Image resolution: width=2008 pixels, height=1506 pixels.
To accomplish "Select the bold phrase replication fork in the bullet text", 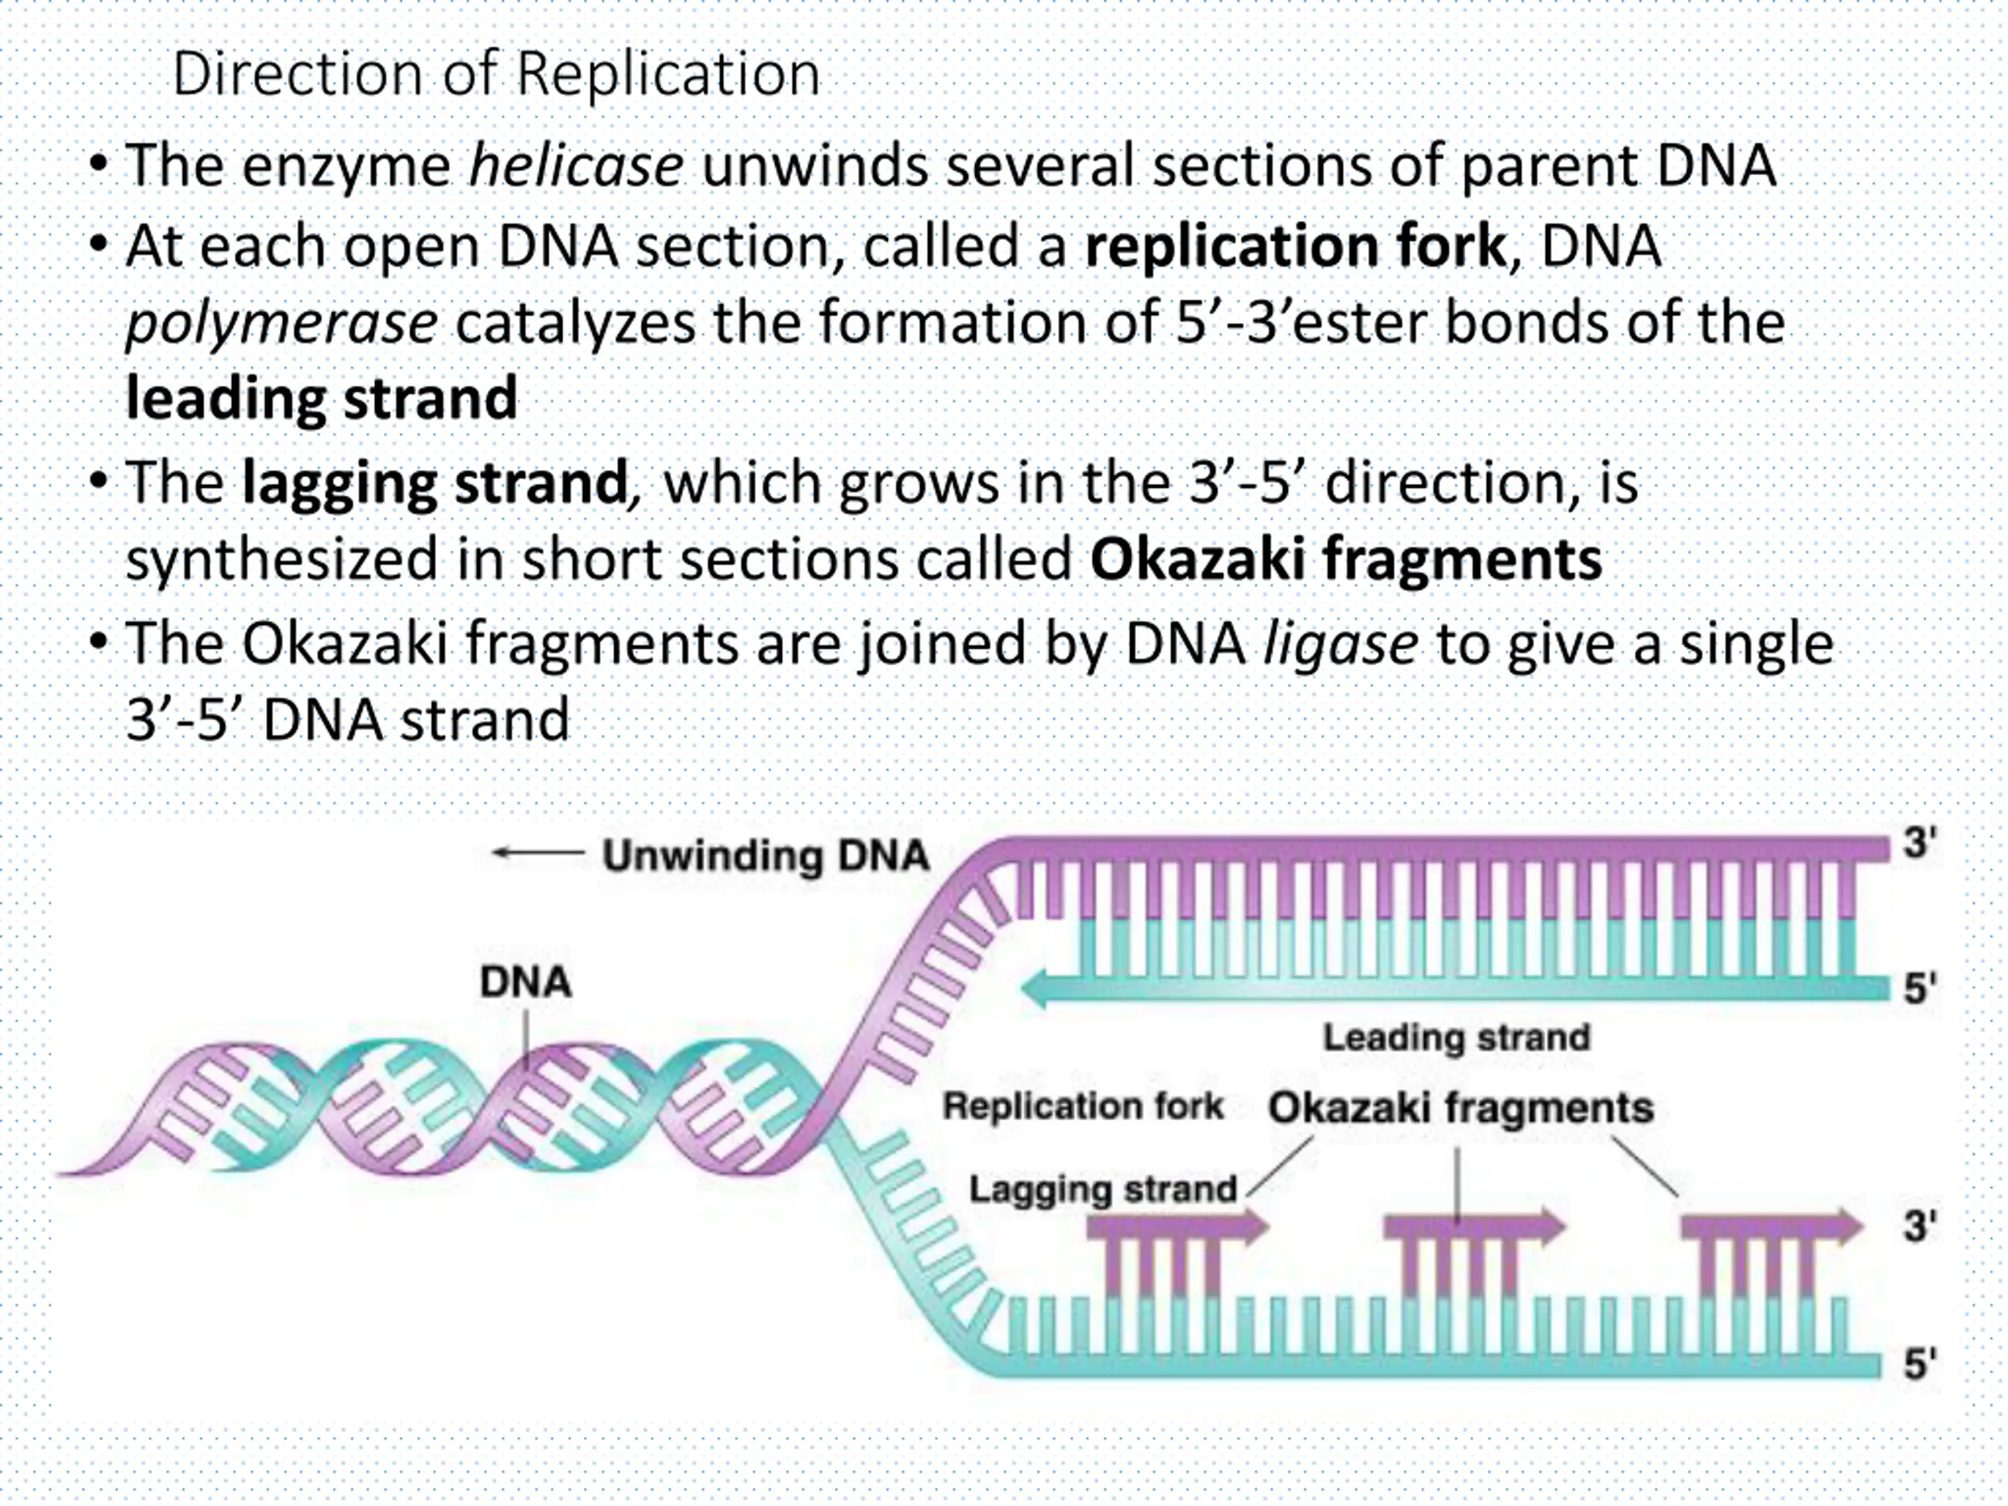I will tap(1296, 246).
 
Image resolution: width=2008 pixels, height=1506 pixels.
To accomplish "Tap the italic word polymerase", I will tap(282, 323).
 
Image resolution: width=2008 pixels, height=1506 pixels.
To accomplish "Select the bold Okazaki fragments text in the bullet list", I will tap(1345, 559).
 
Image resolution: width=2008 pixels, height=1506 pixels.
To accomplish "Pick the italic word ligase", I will tap(1340, 644).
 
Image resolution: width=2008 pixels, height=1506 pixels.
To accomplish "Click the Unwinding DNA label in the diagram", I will tap(766, 855).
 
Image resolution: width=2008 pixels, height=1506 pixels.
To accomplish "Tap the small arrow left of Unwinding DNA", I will tap(537, 853).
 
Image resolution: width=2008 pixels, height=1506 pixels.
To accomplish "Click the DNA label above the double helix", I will tap(526, 982).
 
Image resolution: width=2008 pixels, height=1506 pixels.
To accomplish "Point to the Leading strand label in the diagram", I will tap(1456, 1037).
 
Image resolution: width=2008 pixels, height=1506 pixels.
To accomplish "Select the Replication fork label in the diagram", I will tap(1083, 1106).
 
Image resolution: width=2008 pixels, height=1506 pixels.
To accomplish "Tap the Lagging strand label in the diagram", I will tap(1103, 1188).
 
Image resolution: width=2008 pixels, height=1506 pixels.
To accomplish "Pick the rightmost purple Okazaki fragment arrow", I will tap(1770, 1228).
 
